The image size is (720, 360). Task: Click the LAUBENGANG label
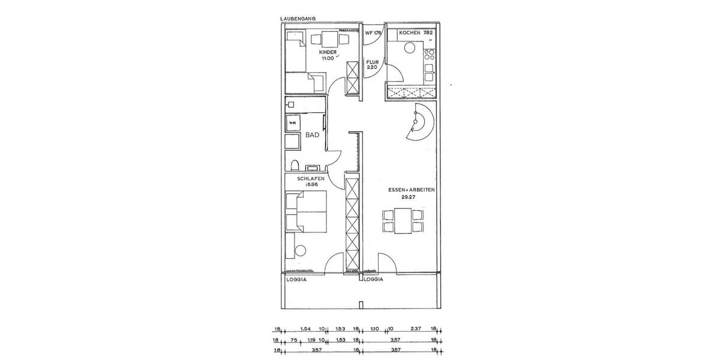pos(299,19)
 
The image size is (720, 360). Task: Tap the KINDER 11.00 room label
pos(328,56)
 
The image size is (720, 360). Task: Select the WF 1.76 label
pos(373,32)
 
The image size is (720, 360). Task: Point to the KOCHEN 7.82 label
pos(413,32)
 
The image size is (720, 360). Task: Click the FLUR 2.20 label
pos(373,64)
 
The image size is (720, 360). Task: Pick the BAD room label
pos(312,135)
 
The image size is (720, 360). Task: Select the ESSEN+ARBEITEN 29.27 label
pos(411,193)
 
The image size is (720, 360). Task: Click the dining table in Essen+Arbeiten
pos(403,221)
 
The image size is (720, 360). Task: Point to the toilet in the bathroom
pos(294,165)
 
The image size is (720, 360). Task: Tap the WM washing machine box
pos(293,123)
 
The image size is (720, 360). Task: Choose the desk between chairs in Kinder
pos(328,40)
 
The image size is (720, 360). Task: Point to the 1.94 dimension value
pos(305,329)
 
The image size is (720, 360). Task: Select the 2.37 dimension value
pos(415,329)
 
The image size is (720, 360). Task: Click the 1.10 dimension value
pos(375,329)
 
